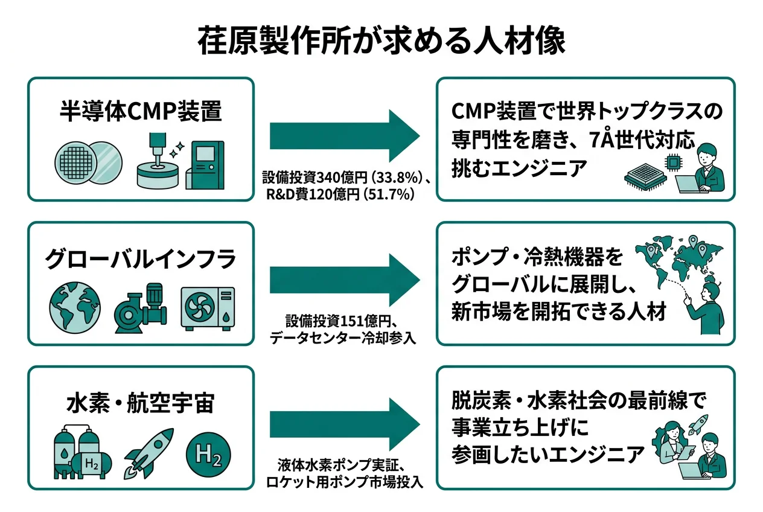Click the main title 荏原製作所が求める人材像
381,40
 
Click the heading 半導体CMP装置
140,111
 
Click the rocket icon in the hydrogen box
148,453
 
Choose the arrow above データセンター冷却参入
344,280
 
